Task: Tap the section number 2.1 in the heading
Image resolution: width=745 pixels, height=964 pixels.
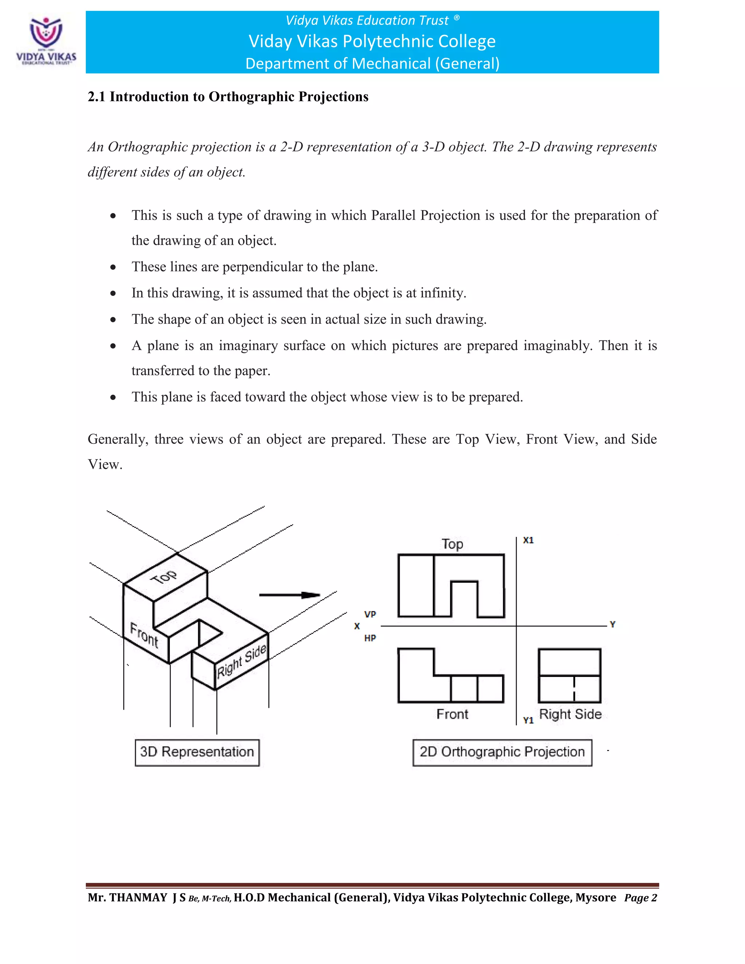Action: click(96, 97)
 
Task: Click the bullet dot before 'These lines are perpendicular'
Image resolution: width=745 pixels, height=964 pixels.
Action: click(113, 267)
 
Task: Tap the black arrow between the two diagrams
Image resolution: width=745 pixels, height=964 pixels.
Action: click(290, 595)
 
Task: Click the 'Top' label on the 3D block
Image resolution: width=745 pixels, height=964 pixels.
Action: click(163, 577)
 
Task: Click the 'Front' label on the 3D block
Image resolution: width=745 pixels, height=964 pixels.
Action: click(144, 635)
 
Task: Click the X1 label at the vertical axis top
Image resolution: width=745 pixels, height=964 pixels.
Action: click(528, 540)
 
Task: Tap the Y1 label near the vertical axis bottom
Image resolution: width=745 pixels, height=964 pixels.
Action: click(528, 720)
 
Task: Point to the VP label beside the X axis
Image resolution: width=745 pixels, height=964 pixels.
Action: click(370, 614)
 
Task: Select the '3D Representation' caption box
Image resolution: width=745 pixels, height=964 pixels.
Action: click(197, 752)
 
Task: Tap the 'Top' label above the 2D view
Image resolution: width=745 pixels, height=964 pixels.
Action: click(453, 544)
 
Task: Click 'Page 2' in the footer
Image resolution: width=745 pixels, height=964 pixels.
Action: click(640, 898)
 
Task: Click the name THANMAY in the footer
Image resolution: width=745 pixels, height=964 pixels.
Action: click(138, 898)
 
